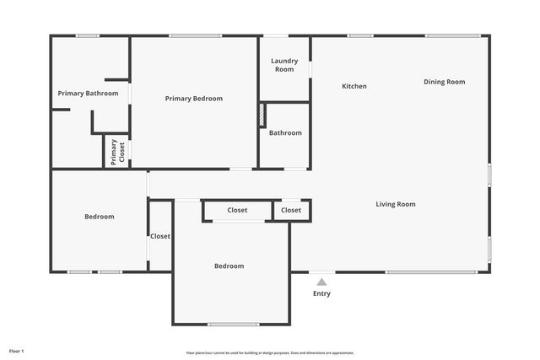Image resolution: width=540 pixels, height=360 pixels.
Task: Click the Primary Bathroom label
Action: (88, 93)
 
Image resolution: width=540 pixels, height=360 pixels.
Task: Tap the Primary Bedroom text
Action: (194, 99)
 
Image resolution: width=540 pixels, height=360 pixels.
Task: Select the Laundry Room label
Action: (284, 65)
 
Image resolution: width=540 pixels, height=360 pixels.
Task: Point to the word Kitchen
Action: (354, 86)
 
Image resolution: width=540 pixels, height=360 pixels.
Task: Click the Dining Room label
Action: (444, 82)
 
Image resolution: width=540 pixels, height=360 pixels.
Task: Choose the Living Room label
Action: (396, 204)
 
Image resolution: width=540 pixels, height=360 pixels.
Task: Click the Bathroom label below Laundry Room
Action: (285, 132)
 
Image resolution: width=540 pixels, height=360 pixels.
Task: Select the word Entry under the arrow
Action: (321, 293)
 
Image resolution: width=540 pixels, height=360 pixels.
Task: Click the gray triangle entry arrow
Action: (321, 282)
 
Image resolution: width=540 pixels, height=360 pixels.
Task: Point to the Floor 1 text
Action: (17, 351)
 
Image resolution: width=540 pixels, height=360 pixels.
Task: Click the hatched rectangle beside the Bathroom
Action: (262, 115)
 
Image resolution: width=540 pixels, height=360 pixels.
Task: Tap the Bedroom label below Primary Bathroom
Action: (99, 217)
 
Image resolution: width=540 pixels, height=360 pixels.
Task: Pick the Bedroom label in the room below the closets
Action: (229, 266)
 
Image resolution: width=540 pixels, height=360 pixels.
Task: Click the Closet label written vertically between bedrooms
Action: (160, 236)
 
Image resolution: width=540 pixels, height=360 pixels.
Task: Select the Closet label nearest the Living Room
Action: (291, 210)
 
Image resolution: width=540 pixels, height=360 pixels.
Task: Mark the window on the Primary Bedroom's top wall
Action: (196, 35)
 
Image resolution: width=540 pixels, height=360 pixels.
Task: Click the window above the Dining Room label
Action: (453, 35)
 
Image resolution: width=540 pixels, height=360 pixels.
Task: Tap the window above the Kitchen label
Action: (360, 35)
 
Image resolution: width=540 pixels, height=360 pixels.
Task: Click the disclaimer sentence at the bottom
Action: (270, 353)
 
